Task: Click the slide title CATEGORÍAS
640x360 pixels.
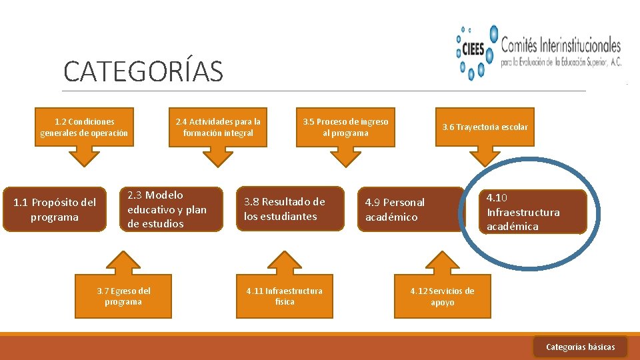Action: [143, 72]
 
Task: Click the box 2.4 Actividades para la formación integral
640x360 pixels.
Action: [218, 127]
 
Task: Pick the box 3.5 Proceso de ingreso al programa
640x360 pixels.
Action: [345, 127]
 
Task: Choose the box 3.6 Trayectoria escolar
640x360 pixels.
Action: [485, 127]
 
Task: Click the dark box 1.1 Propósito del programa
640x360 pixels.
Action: [55, 209]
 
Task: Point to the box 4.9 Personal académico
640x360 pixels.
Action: [409, 209]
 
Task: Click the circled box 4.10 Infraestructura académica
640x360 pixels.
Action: [532, 212]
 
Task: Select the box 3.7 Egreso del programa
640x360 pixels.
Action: [123, 296]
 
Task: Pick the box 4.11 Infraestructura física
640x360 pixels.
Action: [284, 296]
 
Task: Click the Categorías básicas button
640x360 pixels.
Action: [580, 347]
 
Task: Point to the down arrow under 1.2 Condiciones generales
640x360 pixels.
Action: [84, 157]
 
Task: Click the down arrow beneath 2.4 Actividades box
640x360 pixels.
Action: [218, 157]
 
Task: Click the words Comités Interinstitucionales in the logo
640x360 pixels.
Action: [560, 45]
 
